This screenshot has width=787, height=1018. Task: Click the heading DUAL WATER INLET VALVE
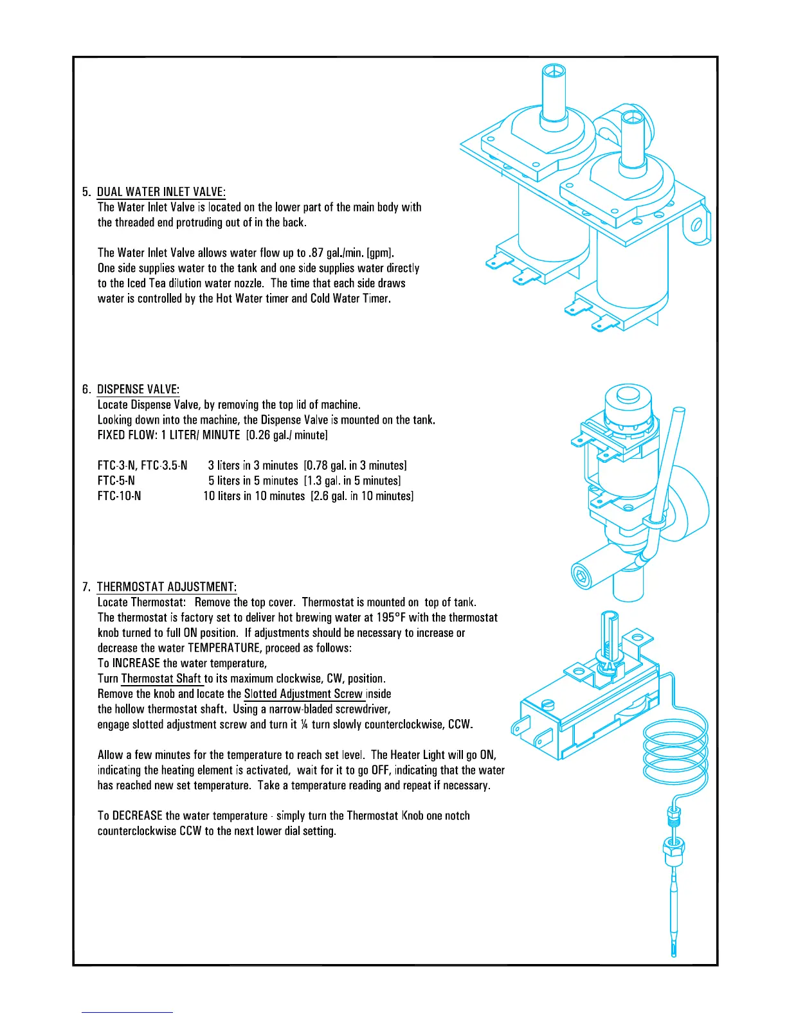point(161,192)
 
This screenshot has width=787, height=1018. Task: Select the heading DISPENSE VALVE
point(138,389)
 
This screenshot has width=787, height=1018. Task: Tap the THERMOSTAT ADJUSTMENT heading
point(167,587)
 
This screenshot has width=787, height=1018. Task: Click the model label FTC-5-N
point(116,481)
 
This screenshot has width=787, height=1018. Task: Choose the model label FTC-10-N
point(119,496)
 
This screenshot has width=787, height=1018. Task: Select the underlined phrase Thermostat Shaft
point(161,679)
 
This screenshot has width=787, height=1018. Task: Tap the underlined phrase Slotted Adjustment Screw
point(303,694)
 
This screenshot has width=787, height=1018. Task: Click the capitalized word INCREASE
point(136,663)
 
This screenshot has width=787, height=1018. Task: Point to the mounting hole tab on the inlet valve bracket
point(696,226)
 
